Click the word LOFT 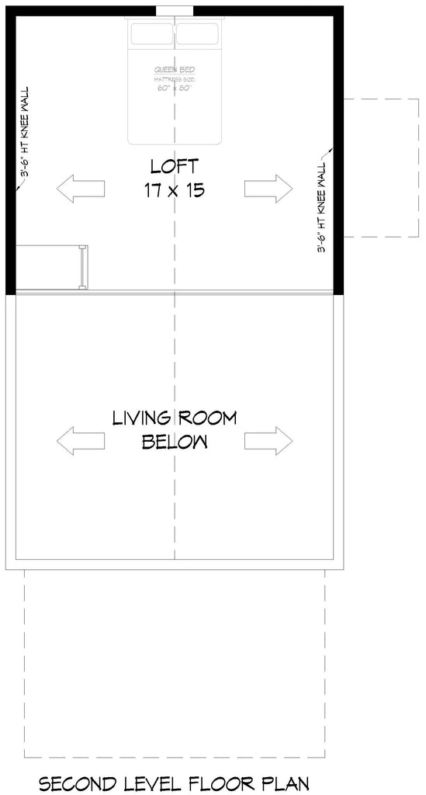[x=175, y=166]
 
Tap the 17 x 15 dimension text [x=175, y=189]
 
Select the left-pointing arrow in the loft [x=80, y=189]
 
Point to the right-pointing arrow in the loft [x=268, y=189]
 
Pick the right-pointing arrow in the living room [x=268, y=439]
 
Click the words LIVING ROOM [x=175, y=418]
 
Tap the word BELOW [x=175, y=442]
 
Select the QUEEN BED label [x=175, y=69]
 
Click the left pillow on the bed [x=151, y=34]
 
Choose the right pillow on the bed [x=198, y=34]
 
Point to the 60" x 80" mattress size [x=175, y=88]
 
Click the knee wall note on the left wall [x=26, y=132]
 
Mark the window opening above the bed [x=175, y=10]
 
